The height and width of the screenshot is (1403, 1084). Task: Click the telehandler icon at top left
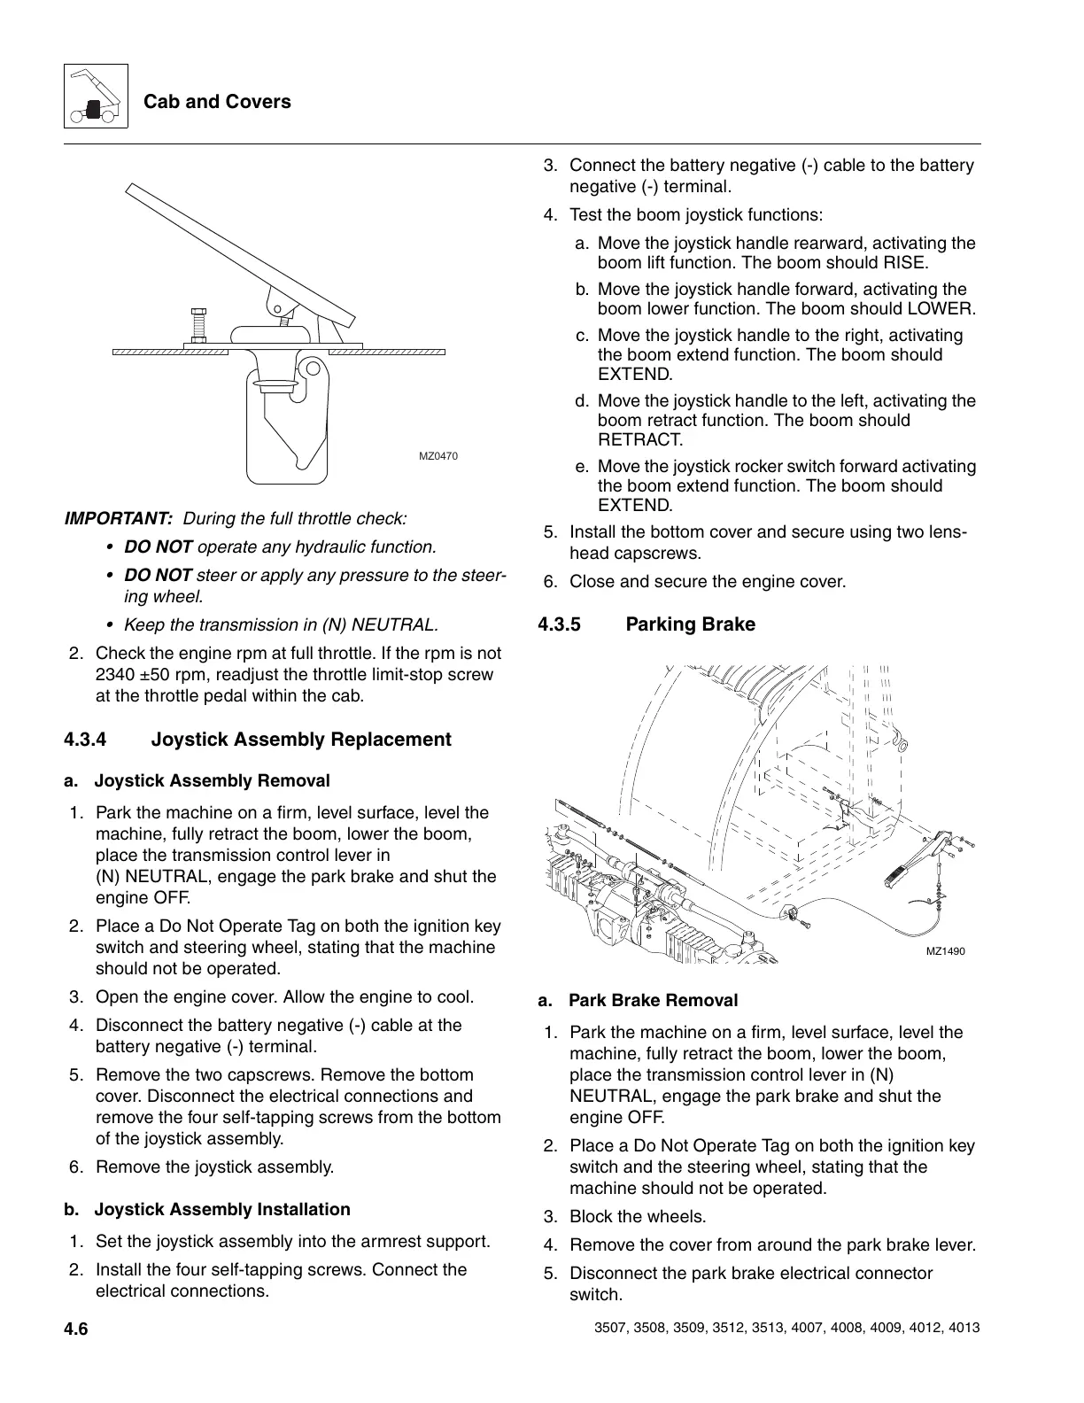point(96,97)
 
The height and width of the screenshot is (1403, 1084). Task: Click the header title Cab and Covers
point(217,102)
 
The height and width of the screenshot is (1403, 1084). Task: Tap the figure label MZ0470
point(438,456)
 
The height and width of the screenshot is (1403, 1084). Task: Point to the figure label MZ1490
point(945,951)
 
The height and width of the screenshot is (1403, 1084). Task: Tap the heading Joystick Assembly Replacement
point(301,740)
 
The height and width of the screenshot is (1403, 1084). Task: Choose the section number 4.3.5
point(560,624)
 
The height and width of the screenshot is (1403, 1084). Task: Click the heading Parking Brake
point(690,624)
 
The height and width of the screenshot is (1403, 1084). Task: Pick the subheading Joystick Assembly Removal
point(212,781)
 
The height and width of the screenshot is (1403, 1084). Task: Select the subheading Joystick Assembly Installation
point(222,1210)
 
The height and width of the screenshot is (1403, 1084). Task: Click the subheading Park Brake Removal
point(653,1001)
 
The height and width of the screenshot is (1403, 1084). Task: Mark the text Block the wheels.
point(638,1217)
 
